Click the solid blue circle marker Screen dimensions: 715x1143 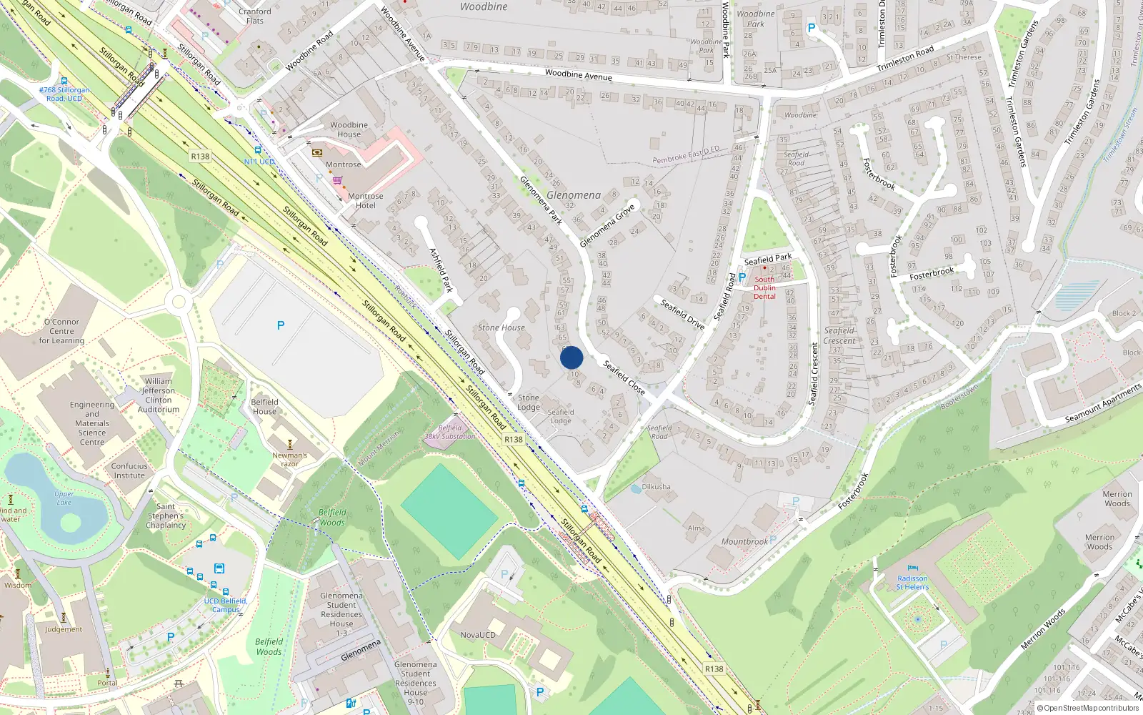[x=571, y=357]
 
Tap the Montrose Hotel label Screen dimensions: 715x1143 [x=365, y=201]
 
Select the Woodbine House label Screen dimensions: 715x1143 [x=349, y=129]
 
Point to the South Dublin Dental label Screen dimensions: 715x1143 [x=764, y=288]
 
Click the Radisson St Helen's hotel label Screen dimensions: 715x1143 [x=912, y=583]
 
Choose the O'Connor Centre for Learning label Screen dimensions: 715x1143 [x=61, y=331]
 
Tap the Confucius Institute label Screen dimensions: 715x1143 [x=129, y=470]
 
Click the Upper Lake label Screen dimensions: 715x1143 [x=64, y=498]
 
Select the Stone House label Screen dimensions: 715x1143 [x=501, y=327]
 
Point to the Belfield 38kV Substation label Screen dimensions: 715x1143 [x=450, y=432]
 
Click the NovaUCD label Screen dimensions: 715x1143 [x=478, y=635]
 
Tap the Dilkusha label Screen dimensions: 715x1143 [x=656, y=487]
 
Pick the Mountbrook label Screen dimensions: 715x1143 [x=744, y=542]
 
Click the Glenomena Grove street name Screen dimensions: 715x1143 [x=607, y=226]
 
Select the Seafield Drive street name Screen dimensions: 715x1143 [x=682, y=315]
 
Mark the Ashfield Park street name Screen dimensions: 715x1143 [x=441, y=270]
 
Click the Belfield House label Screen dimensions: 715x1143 [x=264, y=406]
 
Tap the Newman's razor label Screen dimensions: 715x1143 [x=289, y=459]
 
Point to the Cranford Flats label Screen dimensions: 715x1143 [x=255, y=16]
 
